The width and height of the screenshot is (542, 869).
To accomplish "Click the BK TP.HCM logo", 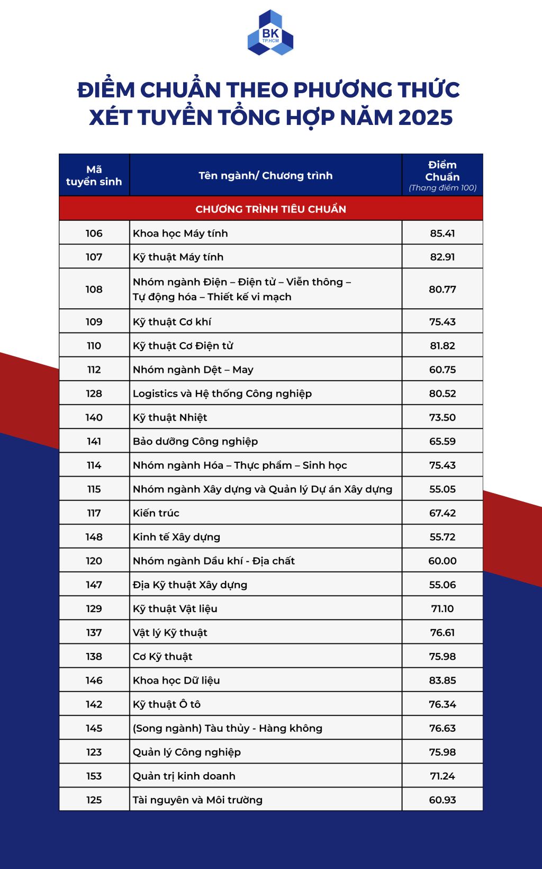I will point(270,33).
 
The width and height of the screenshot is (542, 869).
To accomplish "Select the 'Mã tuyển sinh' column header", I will point(94,175).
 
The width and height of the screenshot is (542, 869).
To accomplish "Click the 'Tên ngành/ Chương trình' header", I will point(266,175).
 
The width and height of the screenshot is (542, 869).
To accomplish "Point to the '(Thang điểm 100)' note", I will point(442,188).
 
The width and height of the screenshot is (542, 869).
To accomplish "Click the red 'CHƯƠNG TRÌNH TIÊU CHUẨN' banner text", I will point(270,209).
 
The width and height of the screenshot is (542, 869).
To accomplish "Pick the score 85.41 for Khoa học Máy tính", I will point(442,233).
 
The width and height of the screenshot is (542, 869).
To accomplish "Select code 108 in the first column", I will point(94,289).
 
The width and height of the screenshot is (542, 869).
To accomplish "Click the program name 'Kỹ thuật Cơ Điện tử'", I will point(183,346).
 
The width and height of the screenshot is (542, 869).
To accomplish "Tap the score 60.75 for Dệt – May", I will point(442,370).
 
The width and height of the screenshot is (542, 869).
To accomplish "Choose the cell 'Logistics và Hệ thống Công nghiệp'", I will point(222,393).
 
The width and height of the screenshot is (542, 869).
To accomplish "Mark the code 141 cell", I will point(94,441).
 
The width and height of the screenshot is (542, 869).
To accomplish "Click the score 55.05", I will point(442,489).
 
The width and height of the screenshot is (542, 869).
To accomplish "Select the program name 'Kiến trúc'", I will point(156,513).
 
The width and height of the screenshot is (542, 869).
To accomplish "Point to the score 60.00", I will point(442,561).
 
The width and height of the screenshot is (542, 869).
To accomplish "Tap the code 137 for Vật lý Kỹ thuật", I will point(94,632).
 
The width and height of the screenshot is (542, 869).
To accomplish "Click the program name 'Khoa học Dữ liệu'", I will point(176,680).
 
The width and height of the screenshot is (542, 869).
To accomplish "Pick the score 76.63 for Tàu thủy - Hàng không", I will point(442,728).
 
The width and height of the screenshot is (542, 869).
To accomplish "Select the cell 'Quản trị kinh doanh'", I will point(184,776).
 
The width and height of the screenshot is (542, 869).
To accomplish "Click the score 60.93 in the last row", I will point(442,800).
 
